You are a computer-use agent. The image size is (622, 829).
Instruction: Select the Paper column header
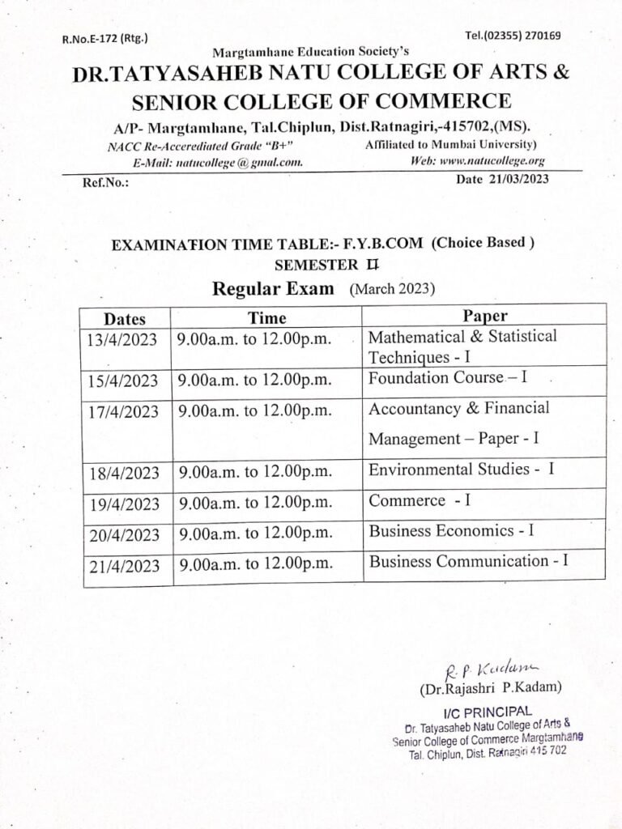click(x=485, y=316)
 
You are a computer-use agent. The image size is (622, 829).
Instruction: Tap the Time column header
click(x=267, y=317)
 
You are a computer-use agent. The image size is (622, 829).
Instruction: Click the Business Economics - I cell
click(x=451, y=531)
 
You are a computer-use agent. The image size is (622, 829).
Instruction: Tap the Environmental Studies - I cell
click(x=461, y=470)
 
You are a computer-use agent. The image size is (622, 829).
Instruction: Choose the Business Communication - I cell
click(x=468, y=561)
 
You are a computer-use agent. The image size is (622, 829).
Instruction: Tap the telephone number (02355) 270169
click(x=513, y=36)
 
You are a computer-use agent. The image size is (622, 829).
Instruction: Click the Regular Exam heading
click(x=273, y=289)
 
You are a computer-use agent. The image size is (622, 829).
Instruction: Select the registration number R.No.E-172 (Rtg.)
click(x=105, y=38)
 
